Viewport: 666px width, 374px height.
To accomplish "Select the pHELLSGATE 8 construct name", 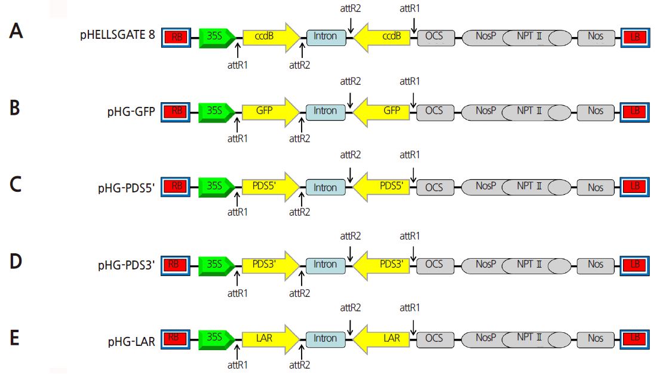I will (118, 35).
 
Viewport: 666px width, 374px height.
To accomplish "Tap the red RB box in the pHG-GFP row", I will (177, 111).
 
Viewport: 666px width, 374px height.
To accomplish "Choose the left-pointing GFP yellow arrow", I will (384, 111).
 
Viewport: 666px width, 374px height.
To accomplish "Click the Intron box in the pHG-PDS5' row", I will (326, 188).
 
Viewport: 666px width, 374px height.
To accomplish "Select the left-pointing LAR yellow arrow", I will (384, 338).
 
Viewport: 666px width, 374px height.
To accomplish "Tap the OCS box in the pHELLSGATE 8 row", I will (434, 36).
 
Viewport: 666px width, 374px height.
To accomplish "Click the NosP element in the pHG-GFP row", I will (485, 111).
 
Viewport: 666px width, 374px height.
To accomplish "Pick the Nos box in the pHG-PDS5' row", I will (595, 188).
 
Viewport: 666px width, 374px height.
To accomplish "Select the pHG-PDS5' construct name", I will (127, 188).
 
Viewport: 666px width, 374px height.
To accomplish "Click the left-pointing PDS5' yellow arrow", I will (384, 188).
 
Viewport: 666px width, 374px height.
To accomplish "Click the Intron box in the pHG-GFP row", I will (326, 111).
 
